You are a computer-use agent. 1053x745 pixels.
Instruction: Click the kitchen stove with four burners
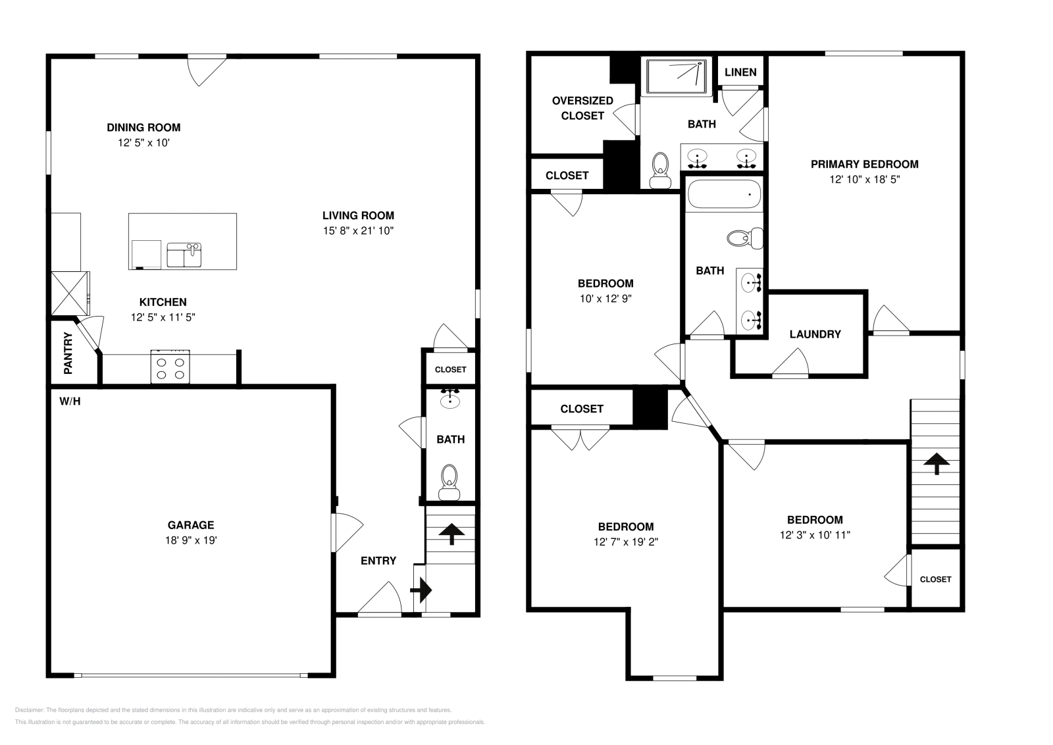(170, 367)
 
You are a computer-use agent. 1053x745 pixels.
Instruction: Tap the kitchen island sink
(184, 255)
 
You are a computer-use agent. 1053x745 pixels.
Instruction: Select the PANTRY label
(68, 353)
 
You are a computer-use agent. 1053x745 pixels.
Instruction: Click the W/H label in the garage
(70, 401)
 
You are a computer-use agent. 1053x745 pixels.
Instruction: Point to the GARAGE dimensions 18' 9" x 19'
(191, 540)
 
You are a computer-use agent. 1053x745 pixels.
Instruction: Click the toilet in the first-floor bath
(449, 482)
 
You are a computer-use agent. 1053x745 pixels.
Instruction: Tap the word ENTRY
(378, 560)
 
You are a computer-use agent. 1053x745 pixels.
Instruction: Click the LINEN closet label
(740, 72)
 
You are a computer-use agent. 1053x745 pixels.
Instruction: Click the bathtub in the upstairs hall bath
(724, 193)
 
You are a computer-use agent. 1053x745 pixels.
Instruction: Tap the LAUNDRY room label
(815, 334)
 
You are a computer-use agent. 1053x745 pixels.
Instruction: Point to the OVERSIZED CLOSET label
(582, 108)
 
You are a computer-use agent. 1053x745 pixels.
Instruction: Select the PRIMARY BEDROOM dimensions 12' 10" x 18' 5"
(865, 179)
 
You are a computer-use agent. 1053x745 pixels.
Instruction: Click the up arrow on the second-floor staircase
(937, 463)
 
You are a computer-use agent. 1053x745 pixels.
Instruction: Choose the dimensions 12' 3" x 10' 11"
(815, 535)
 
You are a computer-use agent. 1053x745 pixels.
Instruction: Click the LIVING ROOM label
(358, 215)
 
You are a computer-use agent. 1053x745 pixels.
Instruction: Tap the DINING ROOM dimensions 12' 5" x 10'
(143, 142)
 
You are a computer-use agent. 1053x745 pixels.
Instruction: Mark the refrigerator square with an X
(70, 294)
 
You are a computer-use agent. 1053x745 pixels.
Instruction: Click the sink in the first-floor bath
(450, 399)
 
